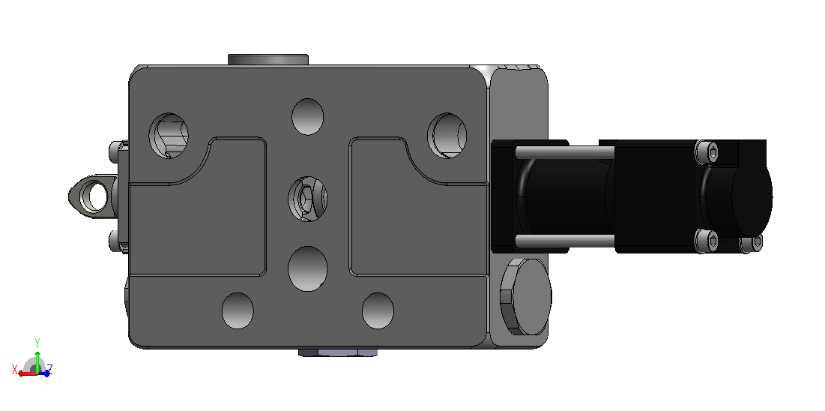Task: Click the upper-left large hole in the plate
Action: (169, 136)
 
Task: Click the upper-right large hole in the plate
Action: (447, 136)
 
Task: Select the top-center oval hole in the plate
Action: (307, 116)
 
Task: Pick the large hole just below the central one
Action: (308, 268)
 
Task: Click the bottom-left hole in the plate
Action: (238, 311)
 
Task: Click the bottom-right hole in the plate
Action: (378, 311)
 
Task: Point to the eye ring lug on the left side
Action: (92, 196)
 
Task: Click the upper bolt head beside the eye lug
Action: (115, 152)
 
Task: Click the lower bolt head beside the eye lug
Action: (115, 241)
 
